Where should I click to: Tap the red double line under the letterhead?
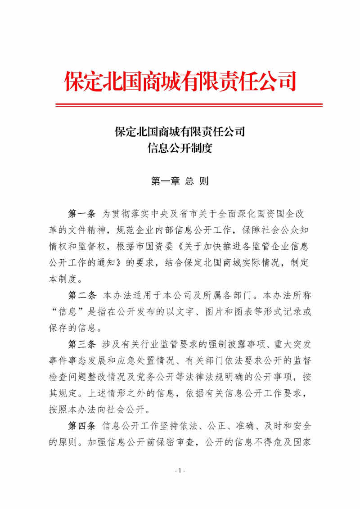point(189,105)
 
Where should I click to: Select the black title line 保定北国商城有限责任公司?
point(180,132)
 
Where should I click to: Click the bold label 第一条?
point(81,212)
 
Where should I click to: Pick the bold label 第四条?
point(81,424)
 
